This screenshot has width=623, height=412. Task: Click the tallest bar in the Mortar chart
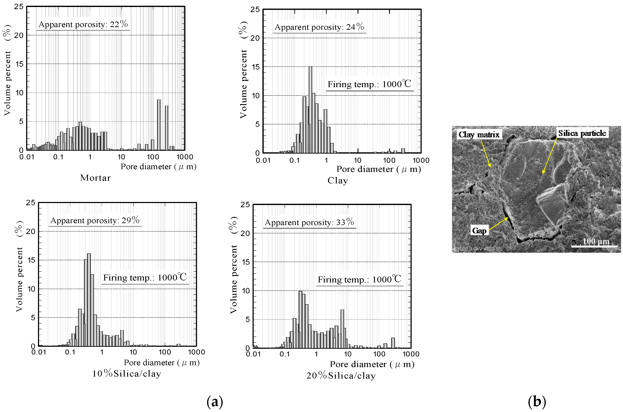(159, 125)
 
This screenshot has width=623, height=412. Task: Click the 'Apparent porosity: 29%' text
(95, 220)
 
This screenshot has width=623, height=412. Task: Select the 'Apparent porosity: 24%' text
(319, 27)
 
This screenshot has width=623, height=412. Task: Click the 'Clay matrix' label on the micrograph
(479, 135)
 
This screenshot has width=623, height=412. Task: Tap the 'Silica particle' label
(582, 133)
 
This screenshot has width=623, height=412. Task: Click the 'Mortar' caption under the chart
(95, 178)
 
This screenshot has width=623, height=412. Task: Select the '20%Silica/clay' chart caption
(341, 375)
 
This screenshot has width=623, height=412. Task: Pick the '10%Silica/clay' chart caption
(126, 374)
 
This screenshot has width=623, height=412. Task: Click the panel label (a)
(215, 401)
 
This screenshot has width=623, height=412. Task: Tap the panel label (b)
(537, 401)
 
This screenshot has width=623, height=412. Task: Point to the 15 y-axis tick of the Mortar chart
(19, 64)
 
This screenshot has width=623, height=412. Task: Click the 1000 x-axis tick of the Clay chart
(421, 160)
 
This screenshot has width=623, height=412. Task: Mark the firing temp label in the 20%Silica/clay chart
(359, 280)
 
